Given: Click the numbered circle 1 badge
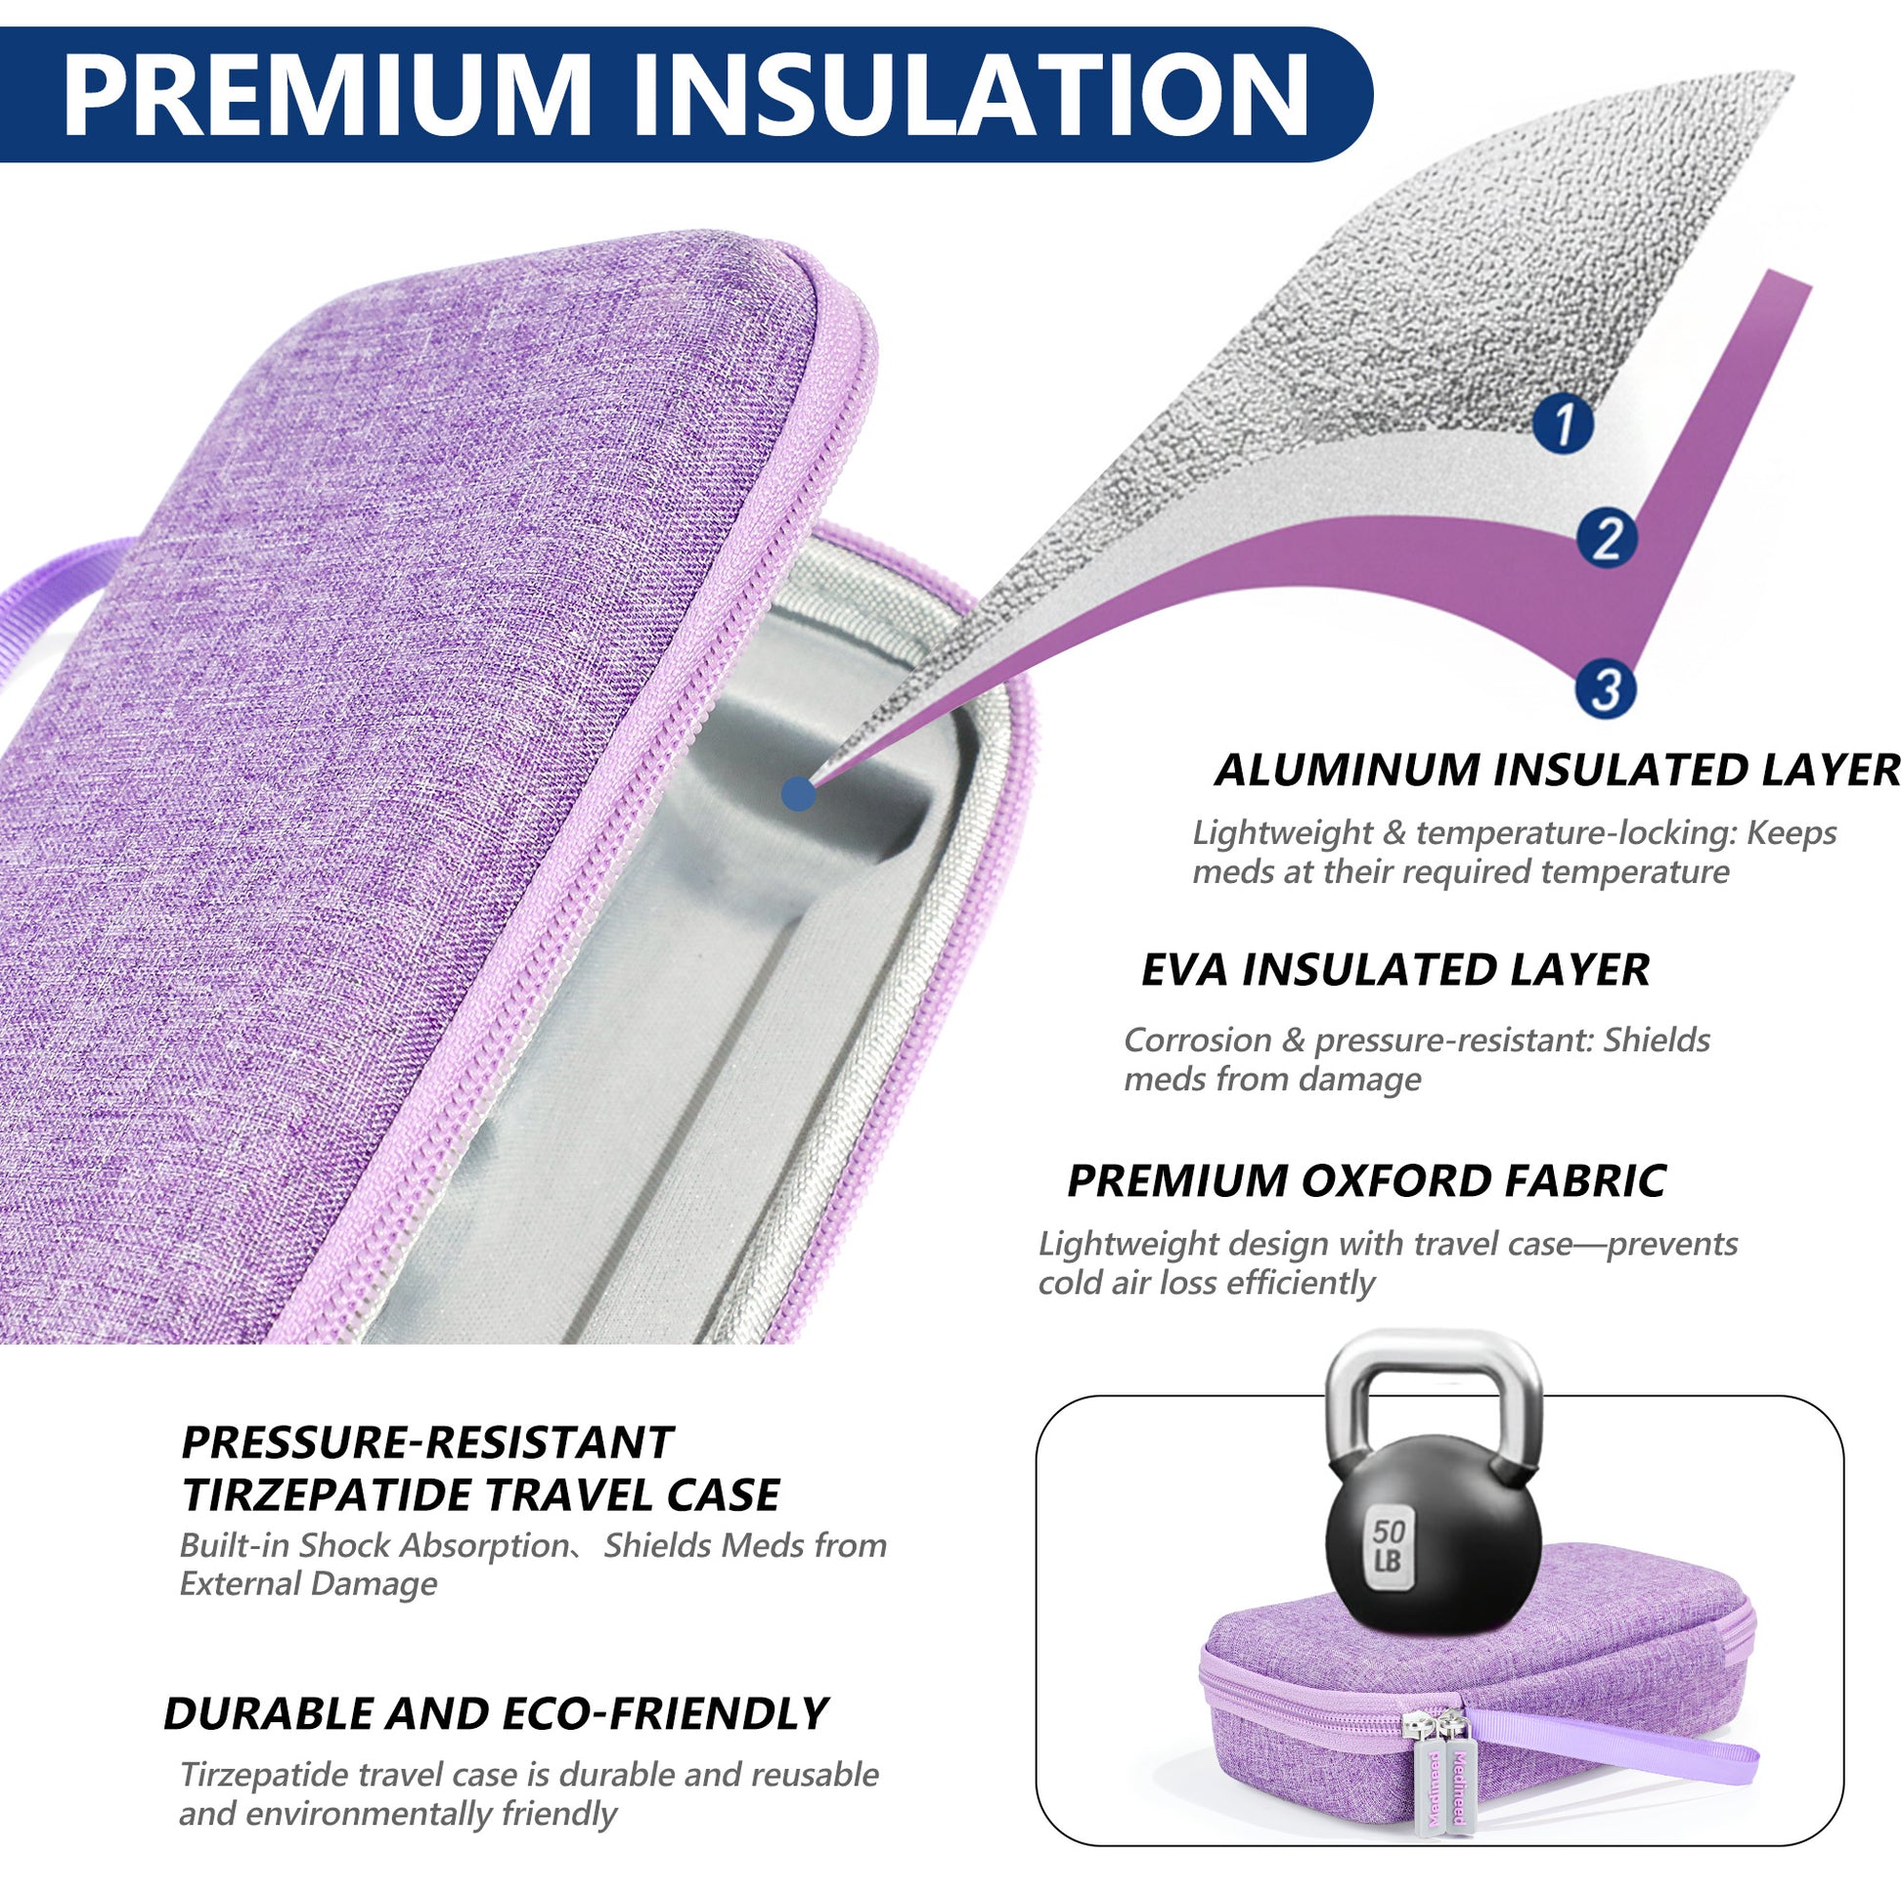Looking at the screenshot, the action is click(x=1563, y=422).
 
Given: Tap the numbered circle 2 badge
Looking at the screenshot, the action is click(x=1607, y=537).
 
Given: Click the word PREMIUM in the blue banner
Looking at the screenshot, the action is click(x=326, y=96).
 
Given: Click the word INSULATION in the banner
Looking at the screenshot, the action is click(x=971, y=96).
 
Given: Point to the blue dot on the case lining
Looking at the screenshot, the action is click(x=798, y=793).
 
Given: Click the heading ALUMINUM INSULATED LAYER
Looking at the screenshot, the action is click(x=1556, y=771).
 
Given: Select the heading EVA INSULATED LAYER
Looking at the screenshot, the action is click(x=1394, y=970).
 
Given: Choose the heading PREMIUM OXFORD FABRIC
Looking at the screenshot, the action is click(x=1366, y=1181).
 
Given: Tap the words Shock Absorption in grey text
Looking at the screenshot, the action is click(x=433, y=1545).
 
